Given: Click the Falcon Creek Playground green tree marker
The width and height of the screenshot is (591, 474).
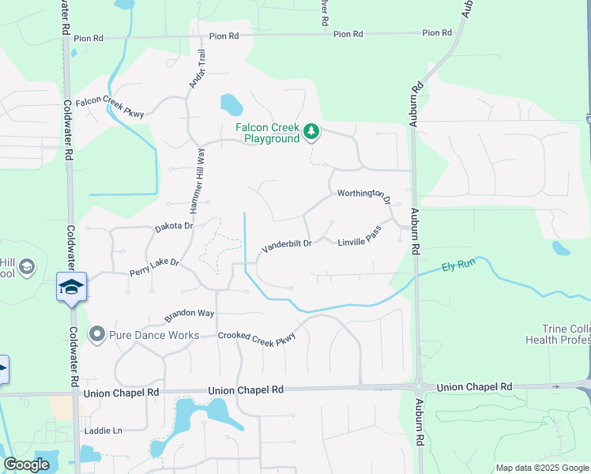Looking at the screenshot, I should coord(311,130).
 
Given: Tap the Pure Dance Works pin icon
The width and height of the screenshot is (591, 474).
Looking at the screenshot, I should coord(97,335).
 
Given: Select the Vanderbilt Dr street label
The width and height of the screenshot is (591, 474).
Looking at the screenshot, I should coord(287,245).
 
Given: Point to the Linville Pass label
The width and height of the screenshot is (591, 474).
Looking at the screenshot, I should coord(359,237).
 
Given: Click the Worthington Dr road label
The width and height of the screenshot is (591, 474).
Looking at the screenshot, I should coord(364,195).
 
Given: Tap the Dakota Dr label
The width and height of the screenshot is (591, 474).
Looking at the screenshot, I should coord(174,227).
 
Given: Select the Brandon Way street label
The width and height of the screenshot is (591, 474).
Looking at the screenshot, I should coord(190,314).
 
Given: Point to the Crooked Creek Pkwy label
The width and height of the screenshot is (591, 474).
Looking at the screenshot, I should coord(258,336).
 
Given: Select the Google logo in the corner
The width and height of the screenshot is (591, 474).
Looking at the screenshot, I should coord(26,465).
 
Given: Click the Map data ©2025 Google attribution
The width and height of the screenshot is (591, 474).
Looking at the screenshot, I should coord(541,468).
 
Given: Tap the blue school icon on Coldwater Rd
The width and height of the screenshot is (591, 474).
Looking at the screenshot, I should coord(71,286).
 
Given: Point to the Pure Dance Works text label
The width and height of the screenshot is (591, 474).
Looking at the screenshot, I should coord(154,335).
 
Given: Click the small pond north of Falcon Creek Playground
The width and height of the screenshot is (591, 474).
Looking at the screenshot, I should coord(231,103).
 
